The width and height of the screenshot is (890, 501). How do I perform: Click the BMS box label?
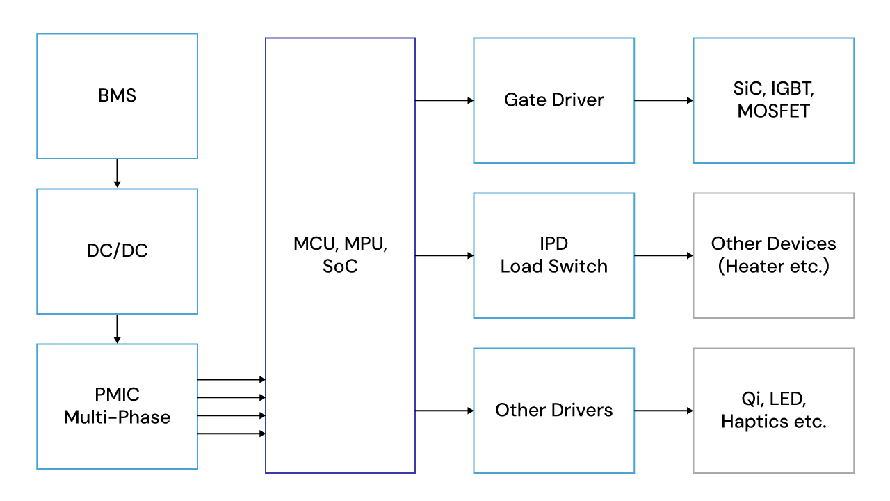(x=117, y=96)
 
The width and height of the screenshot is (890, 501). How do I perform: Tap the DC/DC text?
(x=117, y=251)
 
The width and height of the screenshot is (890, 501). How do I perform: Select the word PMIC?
(x=117, y=395)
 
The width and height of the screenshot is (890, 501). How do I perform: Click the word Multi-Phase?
(x=117, y=417)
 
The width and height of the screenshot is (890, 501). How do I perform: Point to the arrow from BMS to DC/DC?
(x=117, y=173)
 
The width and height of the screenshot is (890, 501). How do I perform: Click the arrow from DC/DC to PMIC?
(x=117, y=328)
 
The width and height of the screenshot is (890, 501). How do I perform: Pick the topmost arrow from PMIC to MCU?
(x=232, y=379)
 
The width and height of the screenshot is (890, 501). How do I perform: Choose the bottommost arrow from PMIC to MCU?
(x=232, y=434)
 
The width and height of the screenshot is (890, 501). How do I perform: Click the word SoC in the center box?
(x=340, y=267)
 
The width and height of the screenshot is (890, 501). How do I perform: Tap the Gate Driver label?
(x=553, y=100)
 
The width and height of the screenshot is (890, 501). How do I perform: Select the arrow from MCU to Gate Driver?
(x=444, y=100)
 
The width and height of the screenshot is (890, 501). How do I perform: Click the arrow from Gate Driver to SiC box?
(x=663, y=100)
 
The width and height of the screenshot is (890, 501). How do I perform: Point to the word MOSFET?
(x=773, y=111)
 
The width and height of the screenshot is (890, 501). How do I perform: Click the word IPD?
(x=553, y=244)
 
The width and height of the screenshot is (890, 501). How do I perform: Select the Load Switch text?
(x=553, y=267)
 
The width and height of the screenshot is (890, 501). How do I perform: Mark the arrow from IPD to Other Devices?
(x=663, y=255)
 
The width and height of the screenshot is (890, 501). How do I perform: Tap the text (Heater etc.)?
(x=773, y=267)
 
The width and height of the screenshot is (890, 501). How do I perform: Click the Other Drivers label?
(x=553, y=411)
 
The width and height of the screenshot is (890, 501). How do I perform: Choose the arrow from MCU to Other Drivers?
(x=444, y=411)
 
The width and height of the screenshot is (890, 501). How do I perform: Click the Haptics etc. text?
(x=773, y=422)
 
